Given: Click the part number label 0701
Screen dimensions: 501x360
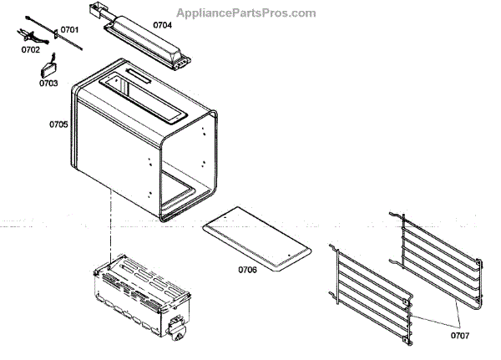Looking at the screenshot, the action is (x=69, y=30).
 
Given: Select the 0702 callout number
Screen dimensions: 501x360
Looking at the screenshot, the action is (x=30, y=50).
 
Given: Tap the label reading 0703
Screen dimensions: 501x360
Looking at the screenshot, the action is (x=48, y=84).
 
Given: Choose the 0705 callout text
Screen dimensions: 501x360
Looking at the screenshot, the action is (x=58, y=124).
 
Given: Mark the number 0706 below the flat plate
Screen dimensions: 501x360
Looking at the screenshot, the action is (x=247, y=270).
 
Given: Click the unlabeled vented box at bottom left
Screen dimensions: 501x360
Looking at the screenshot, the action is (x=137, y=292).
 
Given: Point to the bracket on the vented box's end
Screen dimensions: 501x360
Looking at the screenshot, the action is (x=178, y=327).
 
